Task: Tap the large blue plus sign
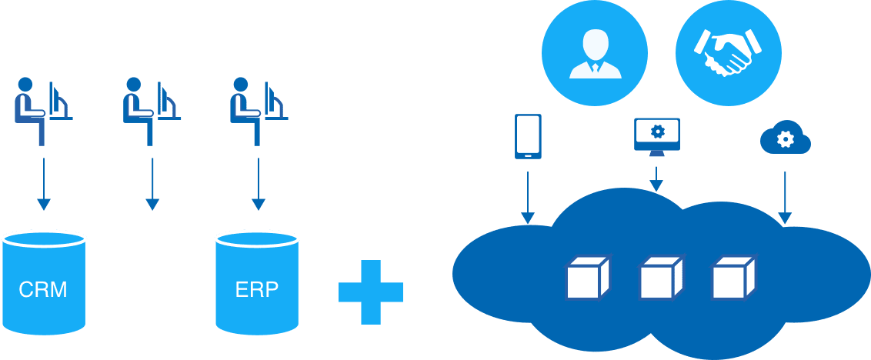click(x=371, y=292)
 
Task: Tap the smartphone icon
click(x=528, y=137)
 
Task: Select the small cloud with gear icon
click(x=785, y=139)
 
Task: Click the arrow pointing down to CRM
click(x=44, y=184)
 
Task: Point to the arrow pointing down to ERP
click(x=258, y=184)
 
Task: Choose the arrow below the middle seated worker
click(x=152, y=184)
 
